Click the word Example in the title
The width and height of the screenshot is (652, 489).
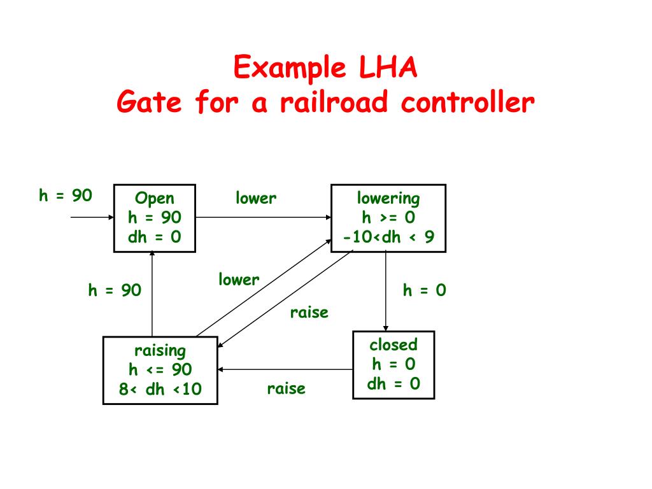coord(290,67)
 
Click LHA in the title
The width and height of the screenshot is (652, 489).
coord(388,67)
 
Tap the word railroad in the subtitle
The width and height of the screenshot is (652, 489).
coord(334,102)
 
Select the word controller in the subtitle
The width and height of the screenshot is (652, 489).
coord(467,102)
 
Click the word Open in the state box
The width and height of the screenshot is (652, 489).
coord(154,199)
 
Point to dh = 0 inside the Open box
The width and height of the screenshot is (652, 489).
coord(154,237)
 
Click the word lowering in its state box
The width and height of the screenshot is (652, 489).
coord(388,199)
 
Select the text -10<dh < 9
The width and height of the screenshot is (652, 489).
coord(388,237)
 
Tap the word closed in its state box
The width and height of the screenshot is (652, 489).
coord(393,344)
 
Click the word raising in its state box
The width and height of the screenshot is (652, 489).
coord(160,351)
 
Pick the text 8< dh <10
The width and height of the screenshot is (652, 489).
coord(160,389)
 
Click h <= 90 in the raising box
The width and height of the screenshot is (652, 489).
coord(160,369)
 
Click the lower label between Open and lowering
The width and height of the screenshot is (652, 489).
coord(256,198)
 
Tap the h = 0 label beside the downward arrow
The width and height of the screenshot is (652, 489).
coord(425,290)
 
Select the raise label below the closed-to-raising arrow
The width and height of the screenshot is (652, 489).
coord(286,389)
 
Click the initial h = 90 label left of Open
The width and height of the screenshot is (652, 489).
coord(66,195)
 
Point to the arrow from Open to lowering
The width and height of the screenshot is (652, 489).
coord(263,217)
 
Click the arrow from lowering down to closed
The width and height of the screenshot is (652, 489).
coord(386,291)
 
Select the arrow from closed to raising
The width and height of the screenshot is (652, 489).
coord(285,369)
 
